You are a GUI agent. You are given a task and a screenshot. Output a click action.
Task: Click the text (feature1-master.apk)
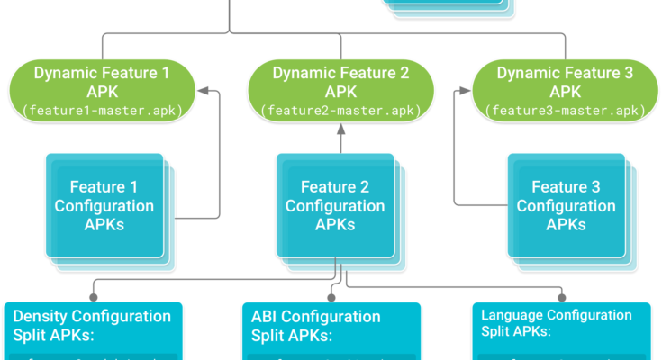pos(101,111)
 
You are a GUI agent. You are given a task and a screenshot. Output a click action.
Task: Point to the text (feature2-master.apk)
pos(341,111)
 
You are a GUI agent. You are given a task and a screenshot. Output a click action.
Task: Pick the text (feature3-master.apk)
pos(566,111)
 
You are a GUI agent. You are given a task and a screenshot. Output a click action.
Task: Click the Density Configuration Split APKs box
pos(93,329)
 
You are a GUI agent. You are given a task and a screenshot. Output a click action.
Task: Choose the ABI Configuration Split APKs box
pos(331,329)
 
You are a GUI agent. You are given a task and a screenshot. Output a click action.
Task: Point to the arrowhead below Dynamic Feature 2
pos(341,130)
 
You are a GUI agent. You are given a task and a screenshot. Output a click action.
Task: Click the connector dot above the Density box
pos(91,294)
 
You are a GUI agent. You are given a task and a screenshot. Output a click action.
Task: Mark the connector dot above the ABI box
pos(331,294)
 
